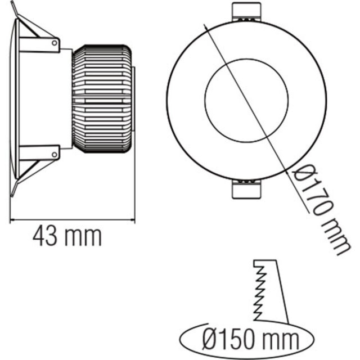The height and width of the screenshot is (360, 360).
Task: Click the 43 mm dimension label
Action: click(67, 236)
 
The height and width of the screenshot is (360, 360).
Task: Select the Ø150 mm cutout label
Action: click(248, 340)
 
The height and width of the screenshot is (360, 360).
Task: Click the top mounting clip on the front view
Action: click(246, 12)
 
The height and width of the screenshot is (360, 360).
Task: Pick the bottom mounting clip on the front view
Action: click(246, 190)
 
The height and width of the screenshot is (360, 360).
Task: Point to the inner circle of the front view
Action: click(246, 100)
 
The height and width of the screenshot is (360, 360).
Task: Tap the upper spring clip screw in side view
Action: click(55, 42)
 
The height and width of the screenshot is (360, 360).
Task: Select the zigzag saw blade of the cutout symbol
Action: click(259, 292)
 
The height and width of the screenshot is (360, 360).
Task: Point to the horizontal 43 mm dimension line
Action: click(73, 219)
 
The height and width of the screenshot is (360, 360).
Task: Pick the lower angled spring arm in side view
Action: click(31, 172)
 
